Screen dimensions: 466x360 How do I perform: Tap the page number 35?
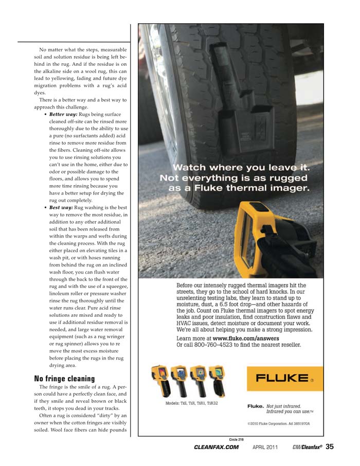[330, 447]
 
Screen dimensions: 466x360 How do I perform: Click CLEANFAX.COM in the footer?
[217, 447]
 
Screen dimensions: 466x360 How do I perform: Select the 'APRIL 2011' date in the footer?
[265, 447]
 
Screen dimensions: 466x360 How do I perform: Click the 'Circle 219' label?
[236, 439]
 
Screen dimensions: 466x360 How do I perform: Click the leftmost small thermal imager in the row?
[160, 379]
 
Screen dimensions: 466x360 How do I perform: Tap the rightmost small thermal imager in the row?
[217, 379]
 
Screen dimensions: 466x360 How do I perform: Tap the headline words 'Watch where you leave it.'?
[241, 168]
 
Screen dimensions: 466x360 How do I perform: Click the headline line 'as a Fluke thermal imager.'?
[239, 188]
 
